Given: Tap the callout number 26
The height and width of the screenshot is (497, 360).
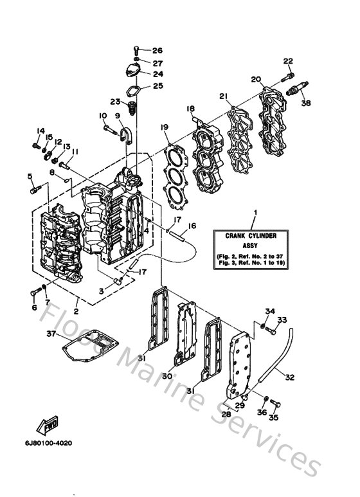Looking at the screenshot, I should [157, 51].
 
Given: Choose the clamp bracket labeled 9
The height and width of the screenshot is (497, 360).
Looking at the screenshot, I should [125, 134].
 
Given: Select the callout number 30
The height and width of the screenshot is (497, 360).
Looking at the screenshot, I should [166, 376].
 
